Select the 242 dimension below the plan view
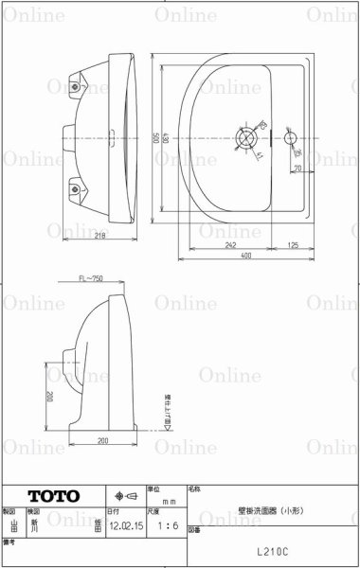click(x=230, y=244)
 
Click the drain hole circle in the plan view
click(x=246, y=138)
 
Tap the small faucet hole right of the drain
click(x=290, y=138)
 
